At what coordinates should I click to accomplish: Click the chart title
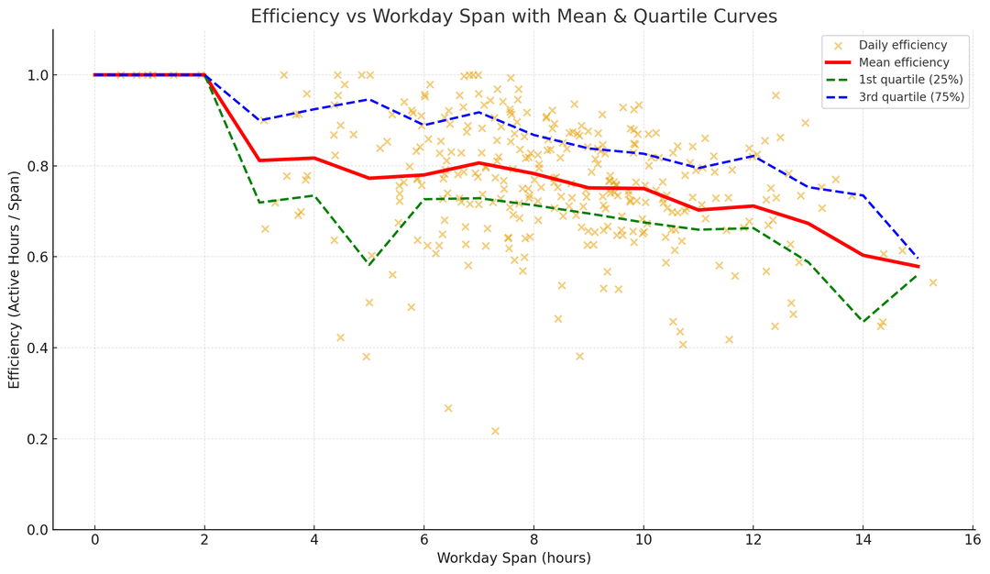(513, 17)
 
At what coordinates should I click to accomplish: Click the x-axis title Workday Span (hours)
(513, 557)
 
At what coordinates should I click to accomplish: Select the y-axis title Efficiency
(14, 279)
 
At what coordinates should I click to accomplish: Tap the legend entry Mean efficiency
(903, 62)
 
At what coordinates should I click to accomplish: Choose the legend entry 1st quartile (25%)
(910, 80)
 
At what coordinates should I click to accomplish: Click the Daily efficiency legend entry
(902, 45)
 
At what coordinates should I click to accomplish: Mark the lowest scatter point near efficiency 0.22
(495, 431)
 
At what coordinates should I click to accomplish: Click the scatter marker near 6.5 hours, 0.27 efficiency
(448, 408)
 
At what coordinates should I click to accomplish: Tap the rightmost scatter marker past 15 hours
(933, 282)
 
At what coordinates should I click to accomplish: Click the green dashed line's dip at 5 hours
(368, 265)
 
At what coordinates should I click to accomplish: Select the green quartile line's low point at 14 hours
(863, 322)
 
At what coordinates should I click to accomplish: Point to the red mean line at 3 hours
(259, 160)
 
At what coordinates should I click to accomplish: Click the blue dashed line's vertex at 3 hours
(259, 120)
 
